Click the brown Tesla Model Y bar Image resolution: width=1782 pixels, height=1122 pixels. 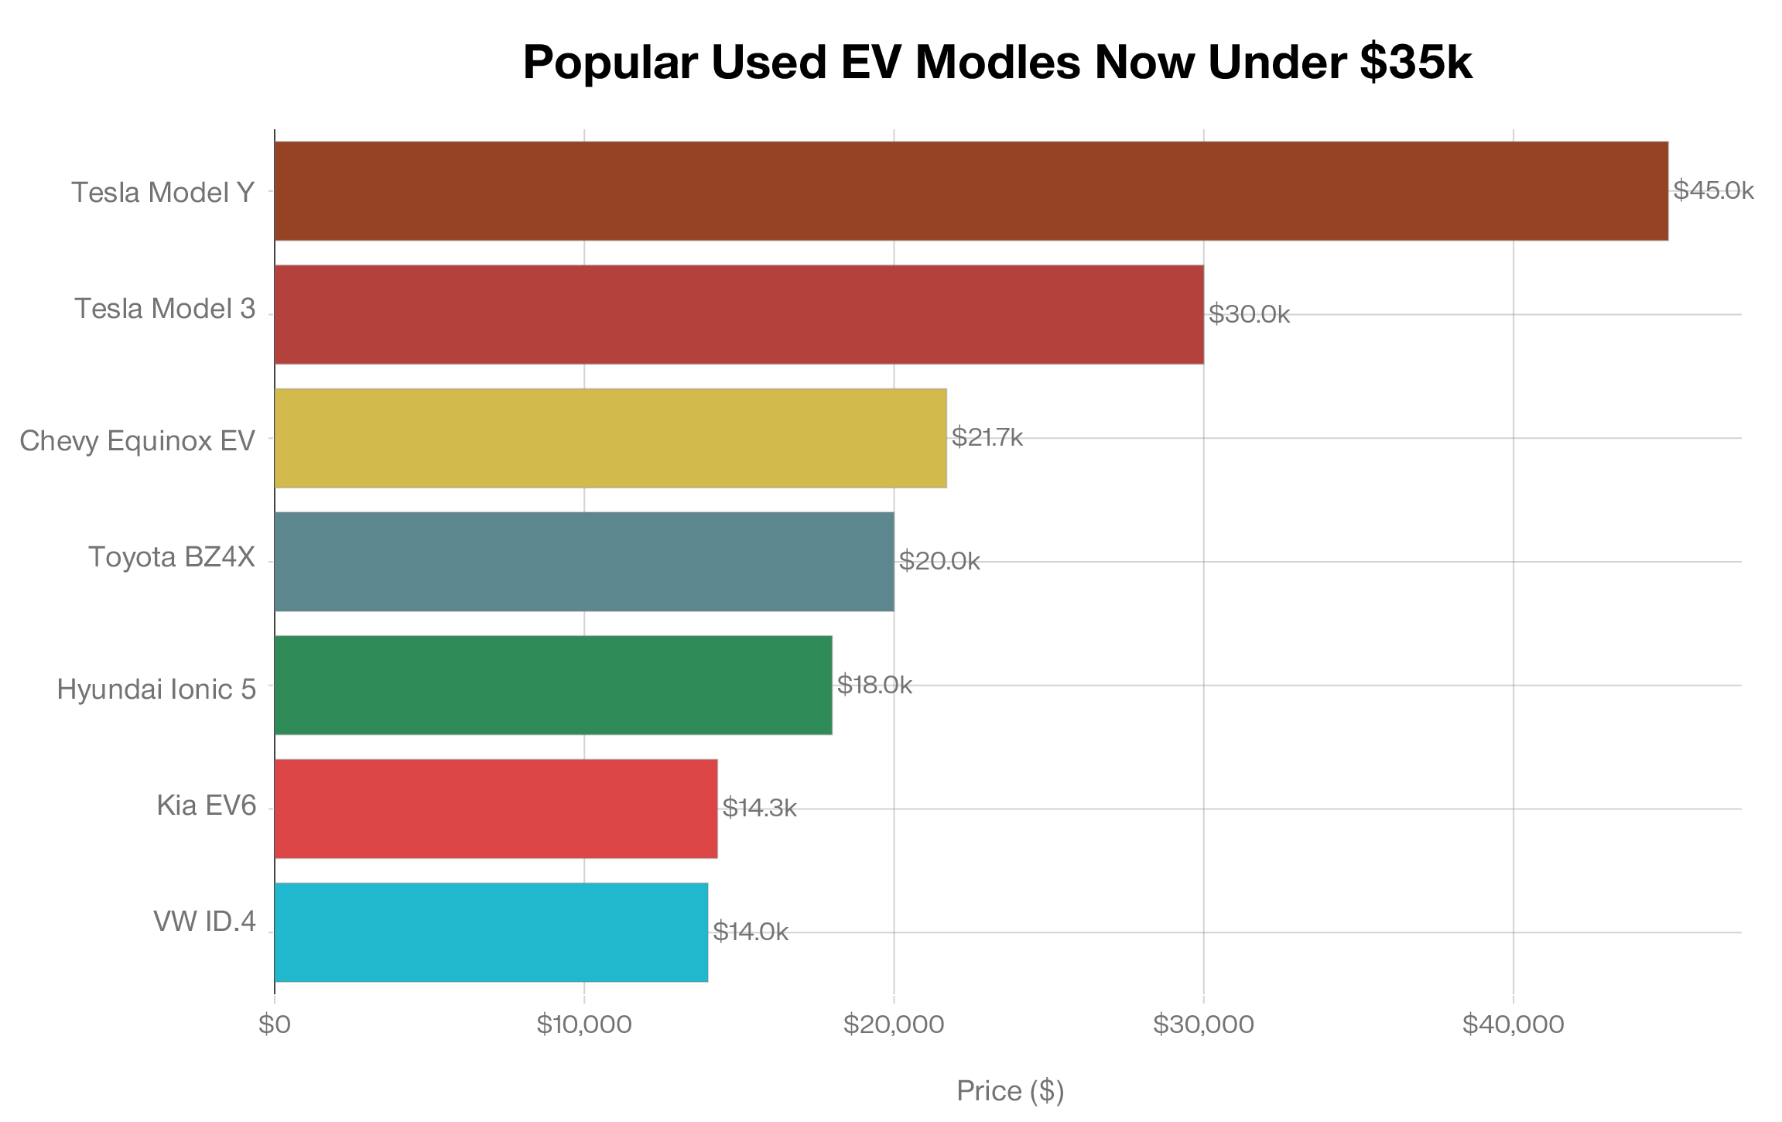971,190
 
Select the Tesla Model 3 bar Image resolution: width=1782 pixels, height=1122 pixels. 739,314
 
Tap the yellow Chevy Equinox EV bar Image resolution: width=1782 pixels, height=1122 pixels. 611,438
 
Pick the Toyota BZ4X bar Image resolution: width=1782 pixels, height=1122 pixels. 584,561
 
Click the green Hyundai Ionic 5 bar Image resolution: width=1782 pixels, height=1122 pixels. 553,685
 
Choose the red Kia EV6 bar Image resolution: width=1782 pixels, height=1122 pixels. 496,809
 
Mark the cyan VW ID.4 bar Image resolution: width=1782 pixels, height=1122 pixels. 491,932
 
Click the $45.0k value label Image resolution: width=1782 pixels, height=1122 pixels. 1713,190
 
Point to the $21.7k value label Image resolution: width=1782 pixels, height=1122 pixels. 987,437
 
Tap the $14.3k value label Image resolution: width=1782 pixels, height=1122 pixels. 759,808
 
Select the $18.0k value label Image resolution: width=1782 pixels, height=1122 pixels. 874,685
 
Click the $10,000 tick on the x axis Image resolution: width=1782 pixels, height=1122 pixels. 584,1025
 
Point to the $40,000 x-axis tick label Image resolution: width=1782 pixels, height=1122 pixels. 1513,1025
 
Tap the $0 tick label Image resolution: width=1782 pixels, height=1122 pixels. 275,1025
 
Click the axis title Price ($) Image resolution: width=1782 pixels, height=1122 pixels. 1010,1091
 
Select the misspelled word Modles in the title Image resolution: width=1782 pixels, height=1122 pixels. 997,62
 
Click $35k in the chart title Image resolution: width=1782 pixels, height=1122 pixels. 1415,62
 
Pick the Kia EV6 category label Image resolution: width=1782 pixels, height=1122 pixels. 206,806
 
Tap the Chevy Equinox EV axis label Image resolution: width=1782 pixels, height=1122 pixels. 137,440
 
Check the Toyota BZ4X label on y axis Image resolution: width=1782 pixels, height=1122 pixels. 172,557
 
